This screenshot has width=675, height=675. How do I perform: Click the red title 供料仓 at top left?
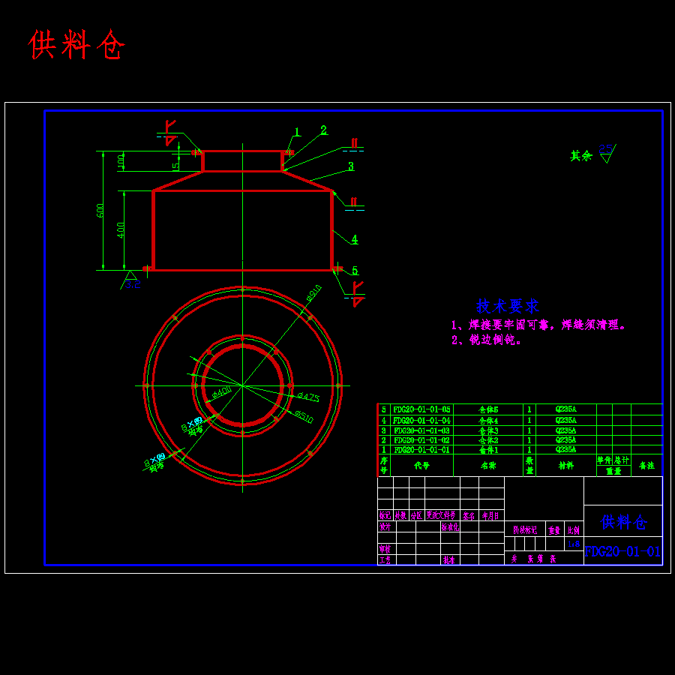click(x=76, y=46)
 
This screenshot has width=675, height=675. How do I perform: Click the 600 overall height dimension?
click(x=100, y=211)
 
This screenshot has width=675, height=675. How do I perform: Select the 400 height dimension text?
click(x=121, y=229)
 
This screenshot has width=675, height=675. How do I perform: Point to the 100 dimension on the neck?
click(x=121, y=161)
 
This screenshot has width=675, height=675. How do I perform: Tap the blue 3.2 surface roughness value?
click(x=133, y=284)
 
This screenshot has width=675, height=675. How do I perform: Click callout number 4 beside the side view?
click(x=354, y=239)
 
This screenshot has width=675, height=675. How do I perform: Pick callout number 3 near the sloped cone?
click(x=350, y=166)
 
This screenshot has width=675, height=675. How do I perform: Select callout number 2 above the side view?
click(x=323, y=130)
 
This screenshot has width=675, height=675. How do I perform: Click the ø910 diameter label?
click(x=313, y=292)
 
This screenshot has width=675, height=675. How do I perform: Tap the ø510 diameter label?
click(x=303, y=416)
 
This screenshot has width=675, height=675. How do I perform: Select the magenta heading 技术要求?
click(x=508, y=306)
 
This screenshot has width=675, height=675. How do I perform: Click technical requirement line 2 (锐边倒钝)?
click(x=487, y=340)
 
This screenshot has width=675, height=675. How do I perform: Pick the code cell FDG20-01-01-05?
click(x=421, y=409)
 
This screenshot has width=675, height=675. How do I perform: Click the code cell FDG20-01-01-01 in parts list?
click(x=421, y=450)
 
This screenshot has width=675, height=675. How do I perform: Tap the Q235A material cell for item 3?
click(x=565, y=430)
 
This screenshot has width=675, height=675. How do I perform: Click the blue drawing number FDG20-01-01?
click(x=622, y=551)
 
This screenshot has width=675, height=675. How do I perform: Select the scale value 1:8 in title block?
click(x=574, y=544)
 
